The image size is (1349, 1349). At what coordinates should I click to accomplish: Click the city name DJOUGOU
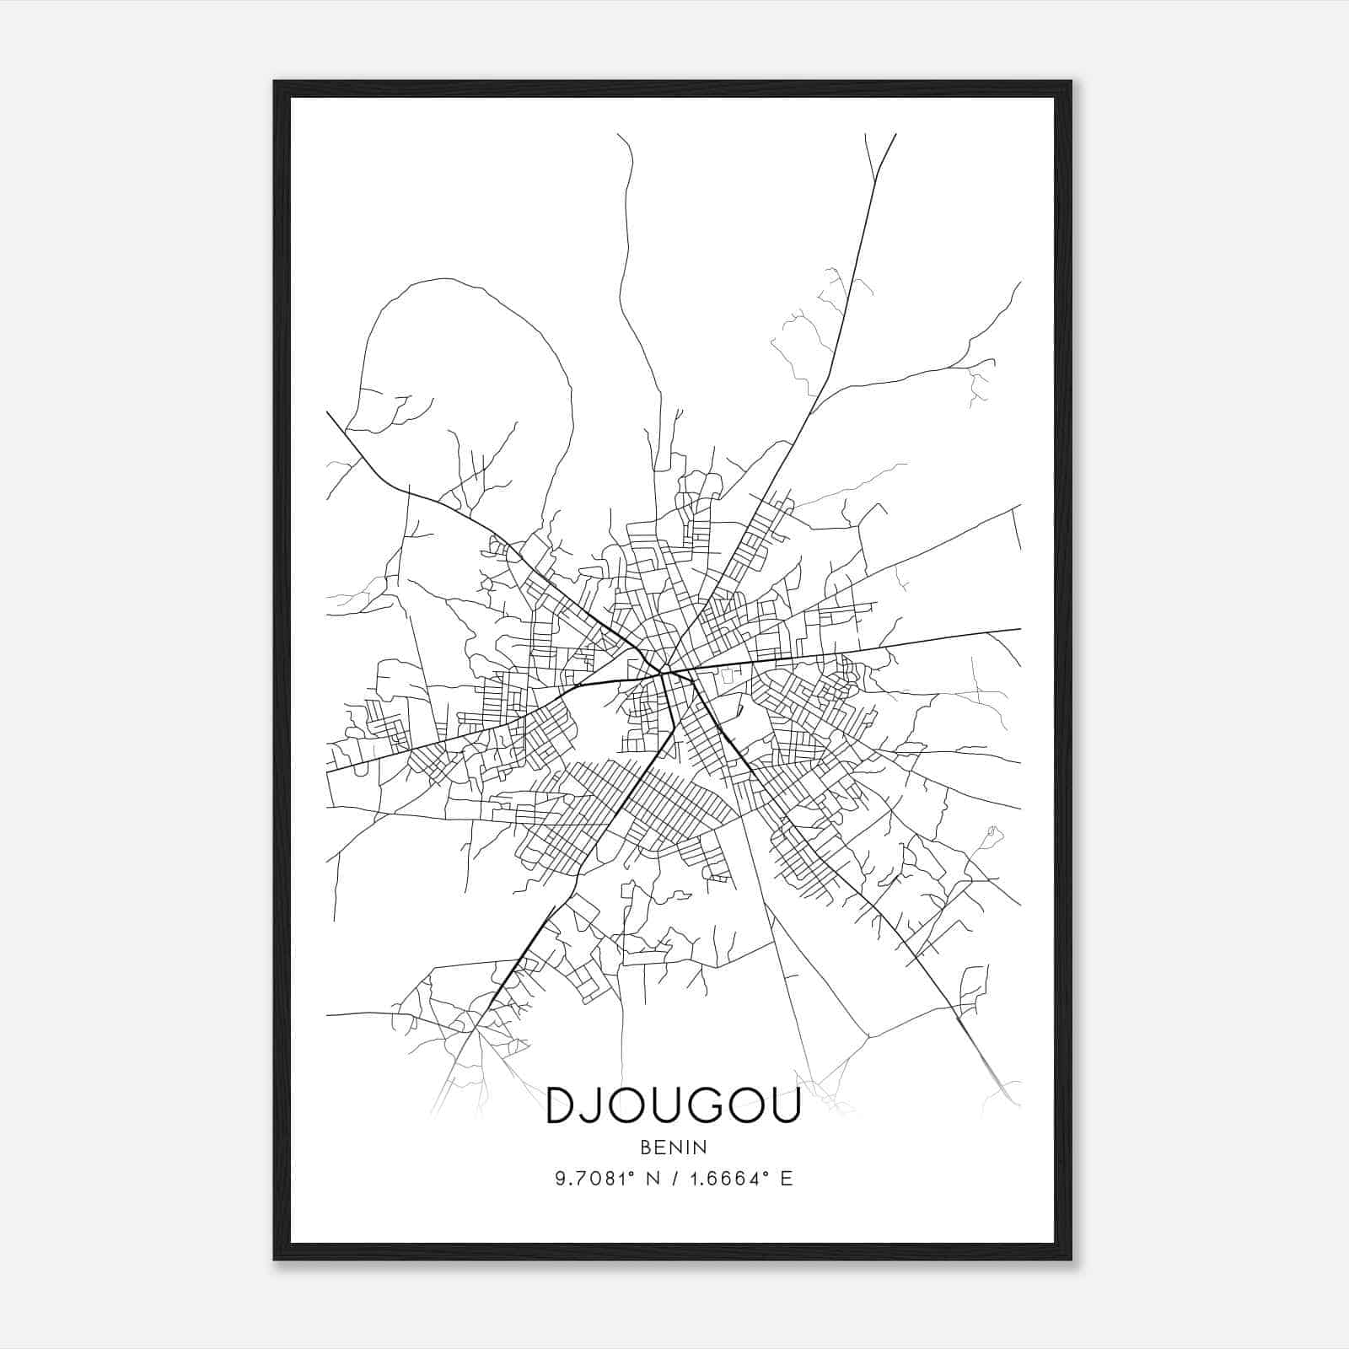pos(673,1105)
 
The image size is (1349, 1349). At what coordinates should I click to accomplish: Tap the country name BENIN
pos(673,1147)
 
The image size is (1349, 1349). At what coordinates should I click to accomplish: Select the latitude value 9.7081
pos(590,1179)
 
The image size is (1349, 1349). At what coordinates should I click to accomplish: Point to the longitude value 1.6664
pos(724,1179)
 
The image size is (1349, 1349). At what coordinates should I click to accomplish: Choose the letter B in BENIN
pos(646,1147)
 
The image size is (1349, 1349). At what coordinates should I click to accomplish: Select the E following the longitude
pos(786,1179)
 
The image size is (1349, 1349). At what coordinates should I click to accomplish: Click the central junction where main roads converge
pos(666,672)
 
